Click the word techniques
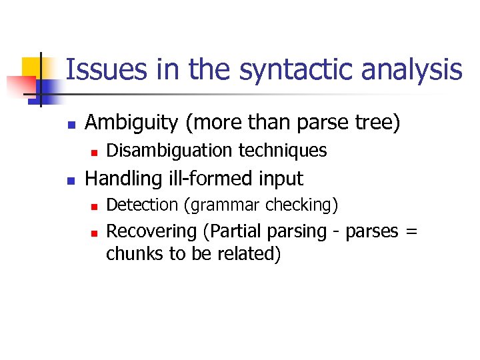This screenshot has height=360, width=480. pyautogui.click(x=284, y=151)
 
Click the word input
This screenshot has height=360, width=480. pyautogui.click(x=283, y=179)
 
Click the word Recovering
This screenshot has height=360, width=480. pyautogui.click(x=152, y=231)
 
